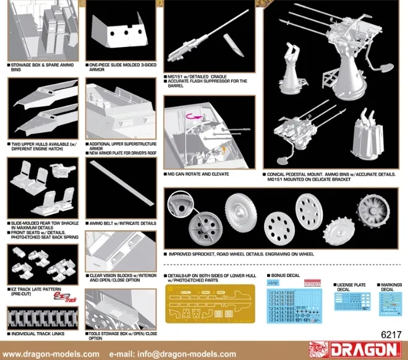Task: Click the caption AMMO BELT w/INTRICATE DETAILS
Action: tap(122, 223)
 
